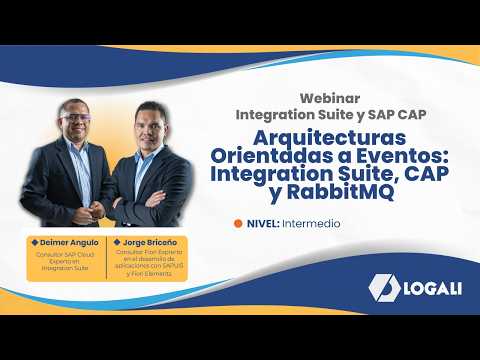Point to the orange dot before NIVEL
click(x=237, y=223)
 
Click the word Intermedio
click(x=310, y=223)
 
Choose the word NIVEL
click(x=262, y=223)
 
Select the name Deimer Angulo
click(x=69, y=242)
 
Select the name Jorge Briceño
click(x=150, y=242)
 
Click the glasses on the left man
click(x=75, y=116)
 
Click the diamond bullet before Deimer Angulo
click(x=35, y=242)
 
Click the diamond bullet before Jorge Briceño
click(x=117, y=242)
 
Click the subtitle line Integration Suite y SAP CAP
click(x=331, y=114)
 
